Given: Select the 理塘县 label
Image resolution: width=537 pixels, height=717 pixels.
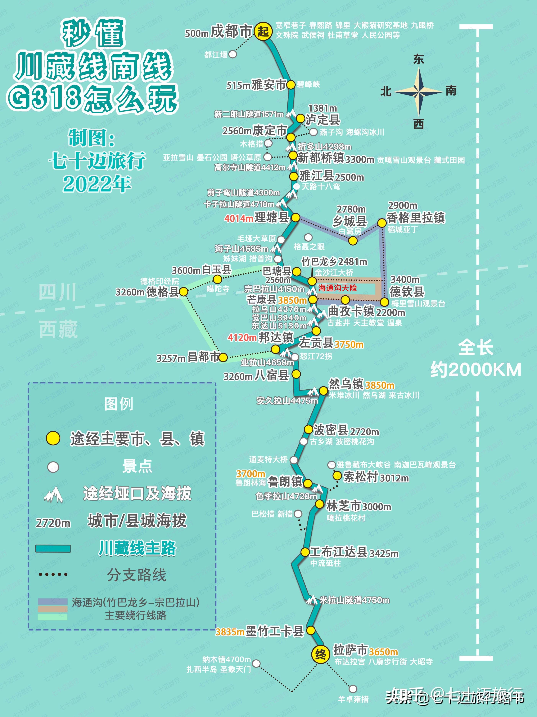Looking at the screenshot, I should [x=272, y=218].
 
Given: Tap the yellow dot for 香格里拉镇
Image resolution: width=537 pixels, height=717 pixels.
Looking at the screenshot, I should [x=382, y=223].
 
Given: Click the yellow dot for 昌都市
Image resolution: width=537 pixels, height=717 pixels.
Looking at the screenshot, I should [x=223, y=358].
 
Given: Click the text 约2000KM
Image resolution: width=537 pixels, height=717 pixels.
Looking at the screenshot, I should [x=476, y=370].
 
